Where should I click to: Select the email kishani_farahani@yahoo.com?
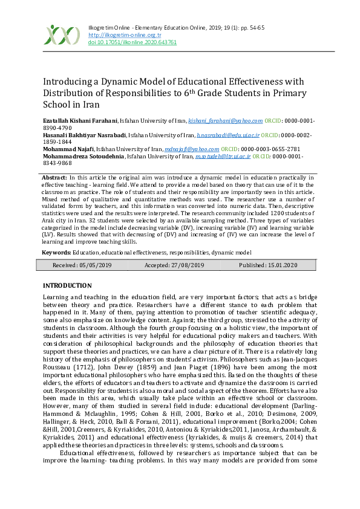[225, 122]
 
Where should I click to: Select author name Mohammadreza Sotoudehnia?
[83, 156]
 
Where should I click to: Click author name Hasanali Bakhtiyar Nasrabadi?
[85, 135]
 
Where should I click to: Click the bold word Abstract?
[53, 177]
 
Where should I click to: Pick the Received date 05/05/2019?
[82, 265]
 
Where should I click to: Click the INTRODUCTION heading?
[67, 285]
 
